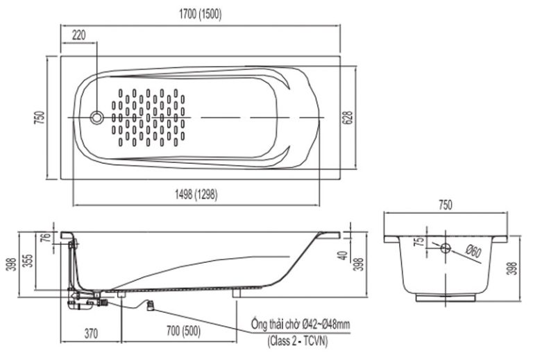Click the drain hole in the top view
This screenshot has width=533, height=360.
[97, 118]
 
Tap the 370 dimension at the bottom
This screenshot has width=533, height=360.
[90, 334]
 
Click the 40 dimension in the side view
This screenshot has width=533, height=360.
[341, 255]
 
